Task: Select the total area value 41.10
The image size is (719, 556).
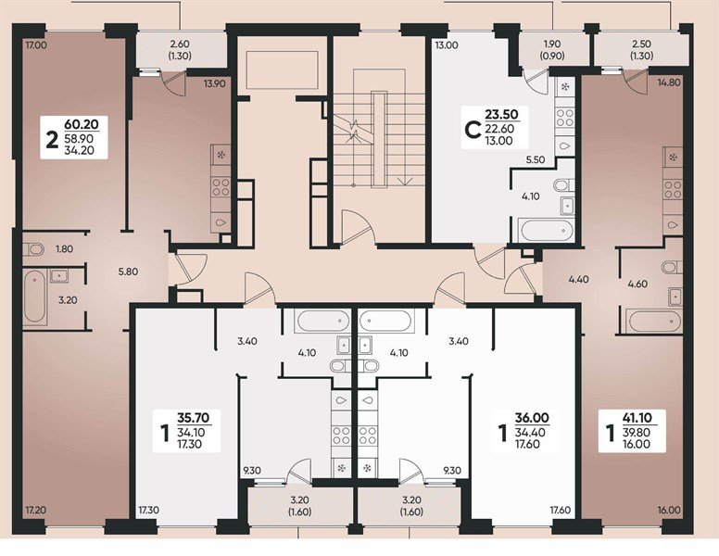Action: [637, 417]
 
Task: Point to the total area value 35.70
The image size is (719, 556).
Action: [193, 417]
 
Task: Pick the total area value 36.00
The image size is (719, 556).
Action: [532, 417]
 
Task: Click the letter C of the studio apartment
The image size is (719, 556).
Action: [473, 131]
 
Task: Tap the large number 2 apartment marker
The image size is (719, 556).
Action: [52, 140]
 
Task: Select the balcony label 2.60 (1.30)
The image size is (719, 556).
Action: [180, 50]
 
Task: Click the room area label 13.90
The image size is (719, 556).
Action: [215, 83]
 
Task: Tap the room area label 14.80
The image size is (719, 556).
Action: [669, 83]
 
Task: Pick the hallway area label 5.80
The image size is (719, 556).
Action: [128, 272]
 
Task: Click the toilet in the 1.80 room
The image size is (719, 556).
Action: [33, 249]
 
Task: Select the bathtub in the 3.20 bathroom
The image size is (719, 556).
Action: [35, 297]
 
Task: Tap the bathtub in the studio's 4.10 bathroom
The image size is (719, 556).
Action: [546, 231]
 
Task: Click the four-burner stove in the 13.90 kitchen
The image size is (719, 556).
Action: [221, 187]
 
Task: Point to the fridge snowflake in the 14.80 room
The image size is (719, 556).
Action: [673, 158]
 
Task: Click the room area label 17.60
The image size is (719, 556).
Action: [560, 510]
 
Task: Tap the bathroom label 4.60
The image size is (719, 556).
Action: [637, 284]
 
